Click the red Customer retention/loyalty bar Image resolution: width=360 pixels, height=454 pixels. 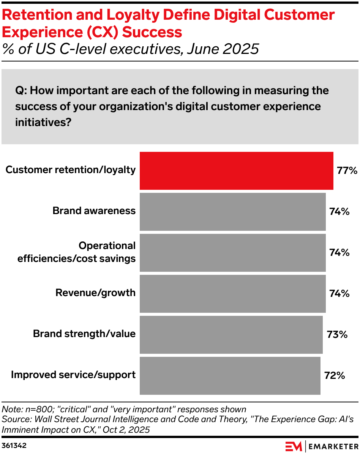pyautogui.click(x=236, y=170)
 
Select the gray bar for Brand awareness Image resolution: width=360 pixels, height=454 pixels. pyautogui.click(x=232, y=211)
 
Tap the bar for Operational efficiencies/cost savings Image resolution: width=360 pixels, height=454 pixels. pyautogui.click(x=232, y=252)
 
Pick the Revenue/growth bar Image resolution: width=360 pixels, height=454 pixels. pyautogui.click(x=232, y=293)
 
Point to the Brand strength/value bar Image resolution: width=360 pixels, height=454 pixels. pyautogui.click(x=231, y=334)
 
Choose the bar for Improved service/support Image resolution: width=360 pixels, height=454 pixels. pyautogui.click(x=230, y=375)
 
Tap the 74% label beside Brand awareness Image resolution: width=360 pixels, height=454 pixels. pyautogui.click(x=339, y=211)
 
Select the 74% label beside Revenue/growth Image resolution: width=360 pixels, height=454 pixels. pyautogui.click(x=339, y=293)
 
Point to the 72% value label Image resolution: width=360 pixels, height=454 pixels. pyautogui.click(x=335, y=375)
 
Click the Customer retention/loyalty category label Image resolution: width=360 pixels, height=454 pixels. pyautogui.click(x=71, y=170)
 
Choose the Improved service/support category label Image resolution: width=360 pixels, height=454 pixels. pyautogui.click(x=73, y=375)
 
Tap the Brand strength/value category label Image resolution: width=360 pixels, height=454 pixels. pyautogui.click(x=84, y=334)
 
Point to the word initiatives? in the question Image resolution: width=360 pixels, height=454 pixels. pyautogui.click(x=43, y=122)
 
